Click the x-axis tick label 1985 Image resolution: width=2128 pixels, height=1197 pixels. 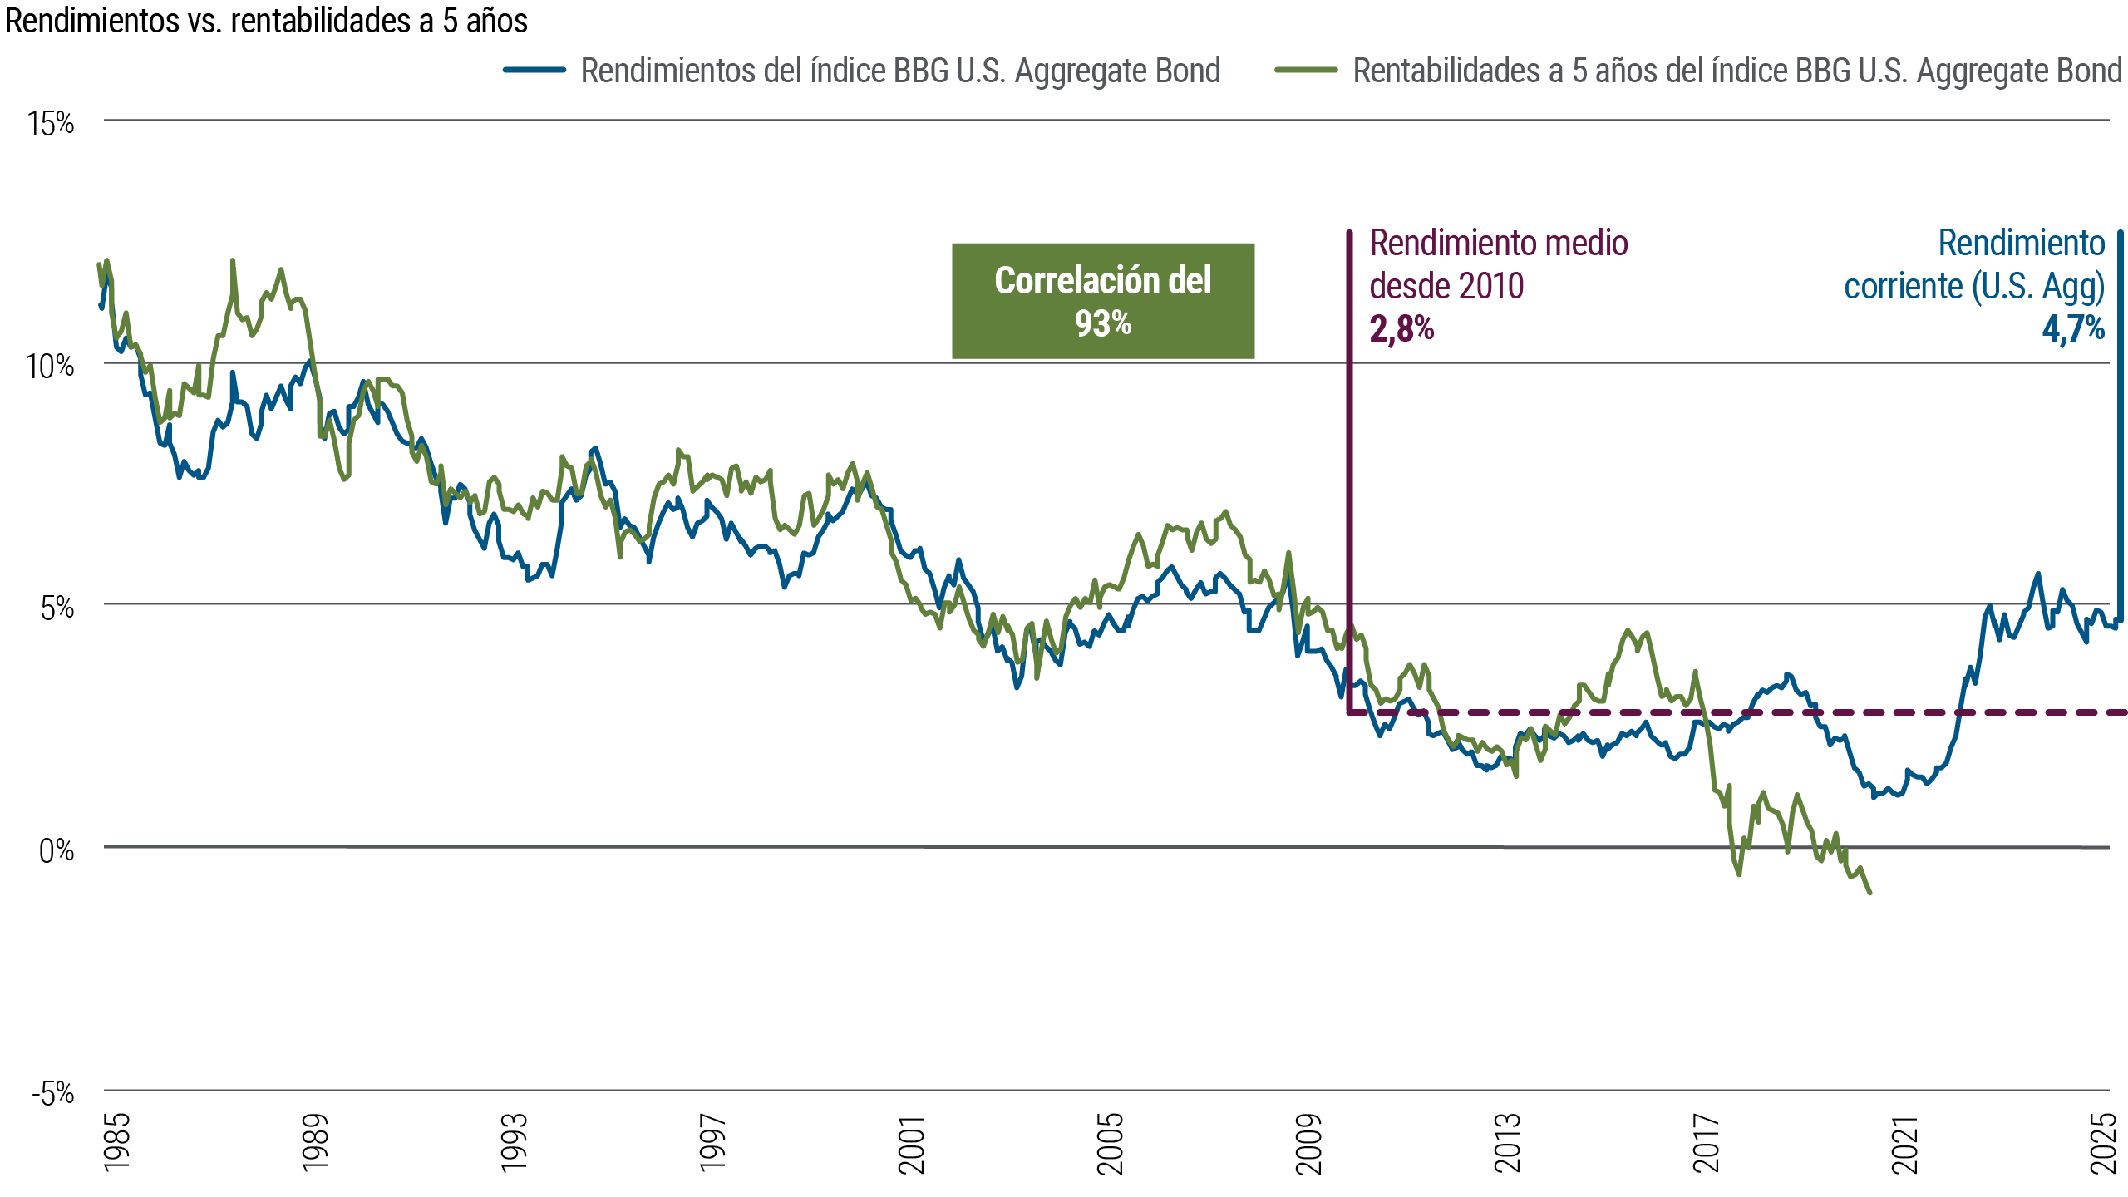point(117,1144)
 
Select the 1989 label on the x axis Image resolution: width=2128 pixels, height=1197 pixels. point(316,1144)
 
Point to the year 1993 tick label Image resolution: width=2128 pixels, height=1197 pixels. point(515,1144)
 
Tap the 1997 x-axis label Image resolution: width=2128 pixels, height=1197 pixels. point(713,1144)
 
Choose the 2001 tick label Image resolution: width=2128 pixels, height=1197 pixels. point(912,1144)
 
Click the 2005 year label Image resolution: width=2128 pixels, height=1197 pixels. point(1111,1144)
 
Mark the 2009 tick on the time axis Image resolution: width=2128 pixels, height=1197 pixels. point(1309,1144)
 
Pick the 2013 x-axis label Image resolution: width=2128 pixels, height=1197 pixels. point(1508,1144)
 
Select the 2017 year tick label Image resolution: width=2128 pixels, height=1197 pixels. point(1707,1144)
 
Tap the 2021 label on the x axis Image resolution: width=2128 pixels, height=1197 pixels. point(1905,1144)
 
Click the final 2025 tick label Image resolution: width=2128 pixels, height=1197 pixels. point(2104,1144)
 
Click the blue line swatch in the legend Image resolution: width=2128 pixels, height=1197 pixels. point(542,70)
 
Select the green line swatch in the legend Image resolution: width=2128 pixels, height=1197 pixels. point(1314,70)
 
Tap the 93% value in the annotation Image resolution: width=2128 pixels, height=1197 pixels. point(1103,323)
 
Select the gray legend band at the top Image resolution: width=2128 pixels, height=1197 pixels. point(914,83)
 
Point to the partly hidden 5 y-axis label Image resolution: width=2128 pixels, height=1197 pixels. point(48,608)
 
